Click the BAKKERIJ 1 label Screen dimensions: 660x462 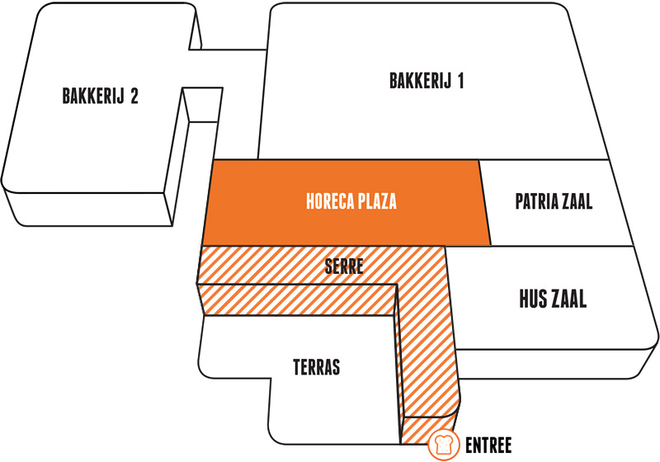[x=427, y=81]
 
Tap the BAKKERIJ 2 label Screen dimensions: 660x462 [x=100, y=96]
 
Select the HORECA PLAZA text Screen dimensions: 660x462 [x=351, y=201]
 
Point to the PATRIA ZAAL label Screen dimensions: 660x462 [x=554, y=201]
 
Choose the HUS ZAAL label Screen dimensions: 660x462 [x=553, y=299]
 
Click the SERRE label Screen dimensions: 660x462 [x=344, y=266]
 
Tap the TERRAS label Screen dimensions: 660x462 [x=317, y=367]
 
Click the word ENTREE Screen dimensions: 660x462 [x=488, y=445]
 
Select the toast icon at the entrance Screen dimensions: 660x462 [x=444, y=445]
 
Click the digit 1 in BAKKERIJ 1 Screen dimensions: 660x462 [x=461, y=81]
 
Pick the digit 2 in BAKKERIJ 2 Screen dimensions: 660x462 [x=134, y=96]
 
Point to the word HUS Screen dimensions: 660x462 [x=531, y=299]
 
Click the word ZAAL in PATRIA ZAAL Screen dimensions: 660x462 [x=574, y=201]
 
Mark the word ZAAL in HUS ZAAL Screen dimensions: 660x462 [x=568, y=299]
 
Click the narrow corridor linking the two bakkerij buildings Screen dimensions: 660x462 [x=228, y=68]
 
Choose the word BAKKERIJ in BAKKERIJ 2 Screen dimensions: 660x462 [x=93, y=96]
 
